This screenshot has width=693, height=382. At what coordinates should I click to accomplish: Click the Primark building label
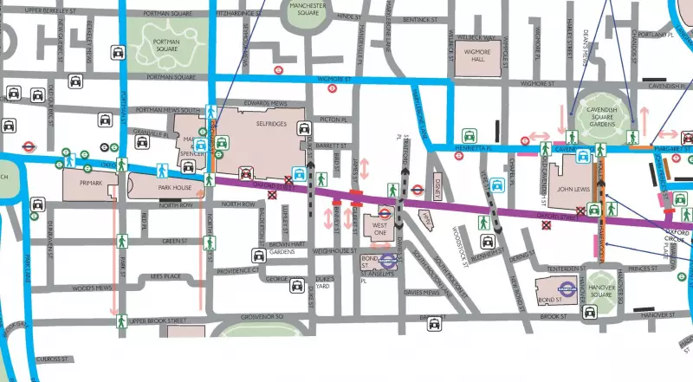tap(92, 184)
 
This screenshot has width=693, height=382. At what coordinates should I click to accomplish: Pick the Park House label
tap(175, 185)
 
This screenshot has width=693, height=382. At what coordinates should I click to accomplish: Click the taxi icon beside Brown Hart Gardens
tap(258, 256)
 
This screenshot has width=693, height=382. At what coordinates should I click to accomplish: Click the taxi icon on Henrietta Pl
tap(469, 136)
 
